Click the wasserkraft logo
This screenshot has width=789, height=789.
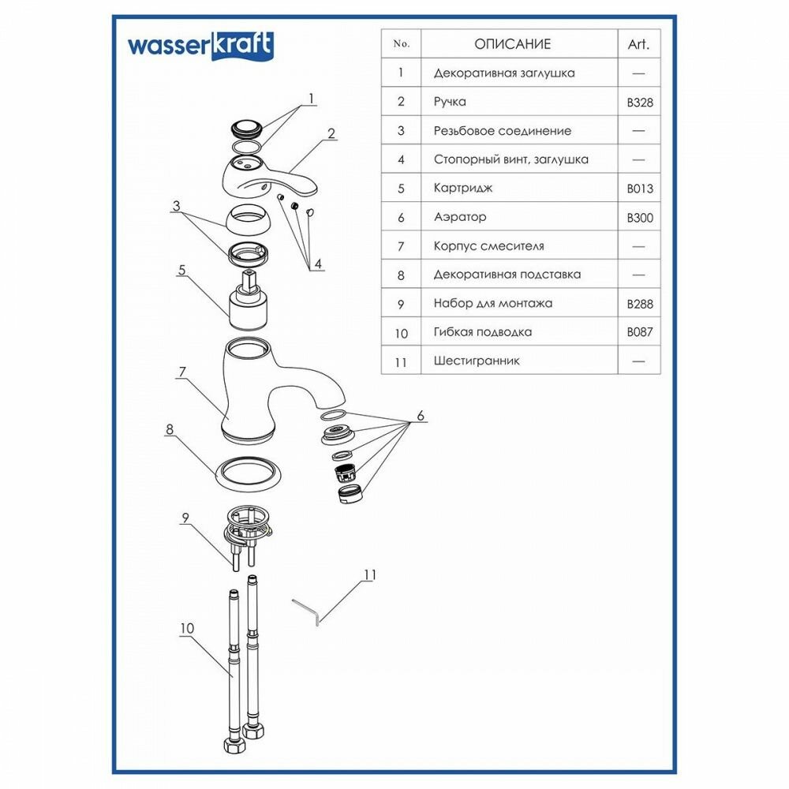(x=200, y=47)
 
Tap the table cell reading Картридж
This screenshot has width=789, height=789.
(x=461, y=189)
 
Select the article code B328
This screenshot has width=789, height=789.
(x=640, y=102)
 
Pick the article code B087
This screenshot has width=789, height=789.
(x=640, y=332)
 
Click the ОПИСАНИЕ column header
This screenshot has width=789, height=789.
(x=513, y=44)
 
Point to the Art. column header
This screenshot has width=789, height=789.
(x=638, y=44)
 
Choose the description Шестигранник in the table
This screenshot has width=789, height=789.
(x=477, y=361)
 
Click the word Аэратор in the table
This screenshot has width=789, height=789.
(x=460, y=217)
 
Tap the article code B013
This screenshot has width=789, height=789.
(x=640, y=189)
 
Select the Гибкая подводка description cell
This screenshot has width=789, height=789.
(x=483, y=332)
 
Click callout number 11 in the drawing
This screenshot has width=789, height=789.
(x=369, y=575)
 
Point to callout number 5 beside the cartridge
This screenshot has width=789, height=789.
(x=181, y=270)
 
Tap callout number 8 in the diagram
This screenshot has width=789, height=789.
(x=170, y=430)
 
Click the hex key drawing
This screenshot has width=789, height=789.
(x=306, y=611)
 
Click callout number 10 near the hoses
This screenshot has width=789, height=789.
(x=187, y=628)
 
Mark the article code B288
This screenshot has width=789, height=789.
(x=640, y=303)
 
